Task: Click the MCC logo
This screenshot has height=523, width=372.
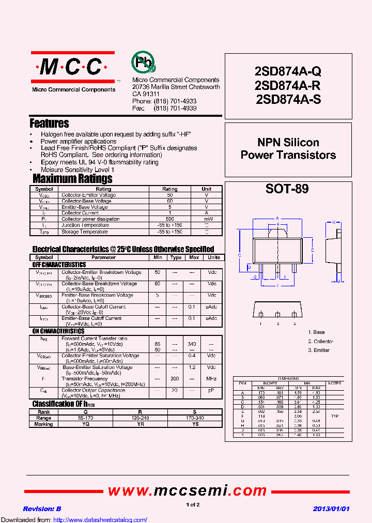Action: click(72, 67)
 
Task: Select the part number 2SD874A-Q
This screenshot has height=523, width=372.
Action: click(288, 72)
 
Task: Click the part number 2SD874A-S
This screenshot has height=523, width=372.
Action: click(288, 100)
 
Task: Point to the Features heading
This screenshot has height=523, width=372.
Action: click(49, 124)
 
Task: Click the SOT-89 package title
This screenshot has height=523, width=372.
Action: click(287, 189)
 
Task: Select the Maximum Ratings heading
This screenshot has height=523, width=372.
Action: click(72, 179)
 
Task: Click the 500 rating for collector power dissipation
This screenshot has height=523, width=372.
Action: click(169, 219)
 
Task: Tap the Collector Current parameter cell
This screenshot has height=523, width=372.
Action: click(80, 213)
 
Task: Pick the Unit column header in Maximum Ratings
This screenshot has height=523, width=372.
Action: click(206, 189)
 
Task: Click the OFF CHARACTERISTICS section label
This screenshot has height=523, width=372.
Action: click(59, 265)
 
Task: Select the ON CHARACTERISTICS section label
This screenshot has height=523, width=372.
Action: click(58, 331)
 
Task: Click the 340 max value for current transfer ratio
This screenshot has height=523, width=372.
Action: click(192, 344)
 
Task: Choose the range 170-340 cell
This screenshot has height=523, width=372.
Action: click(195, 418)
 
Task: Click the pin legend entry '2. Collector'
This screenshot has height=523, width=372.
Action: click(320, 342)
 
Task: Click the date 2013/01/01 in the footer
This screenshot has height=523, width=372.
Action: click(331, 509)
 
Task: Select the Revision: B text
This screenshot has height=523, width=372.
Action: click(42, 509)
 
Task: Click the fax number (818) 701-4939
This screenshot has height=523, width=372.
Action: click(175, 109)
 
